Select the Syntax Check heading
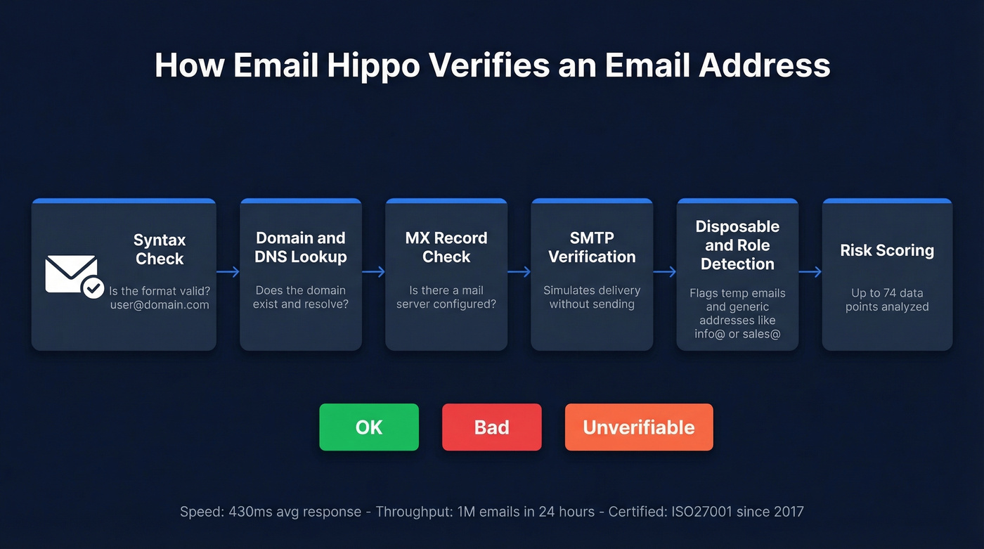coord(160,250)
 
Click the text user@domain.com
coord(160,305)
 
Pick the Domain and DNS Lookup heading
coord(301,247)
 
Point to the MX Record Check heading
coord(446,247)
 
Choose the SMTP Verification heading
coord(592,247)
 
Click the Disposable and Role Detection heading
coord(737,245)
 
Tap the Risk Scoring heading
coord(887,250)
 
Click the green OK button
coord(369,427)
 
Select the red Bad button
coord(491,427)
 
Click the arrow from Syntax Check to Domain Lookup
coord(228,272)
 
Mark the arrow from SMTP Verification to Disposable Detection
coord(664,272)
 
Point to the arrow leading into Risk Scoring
coord(810,272)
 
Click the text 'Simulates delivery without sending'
coord(592,297)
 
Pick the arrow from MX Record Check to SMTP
coord(519,272)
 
